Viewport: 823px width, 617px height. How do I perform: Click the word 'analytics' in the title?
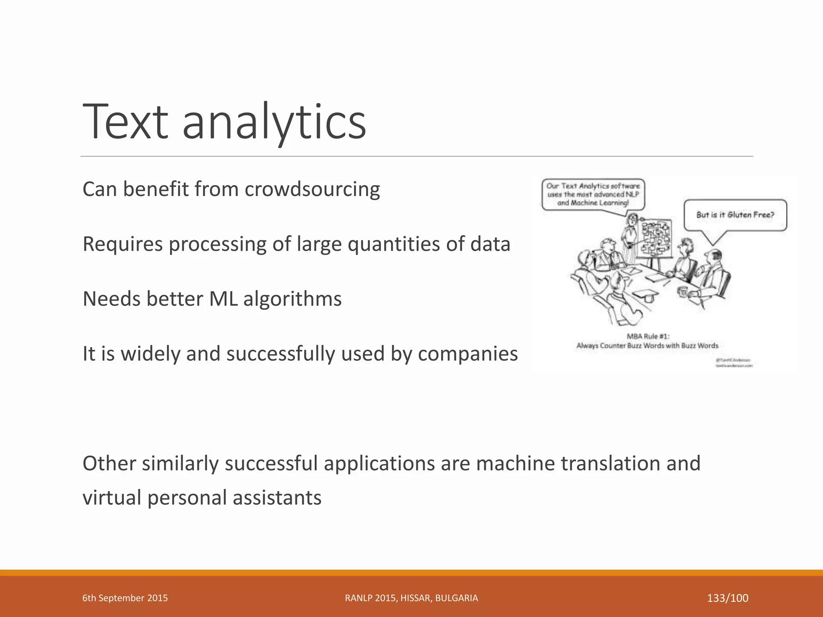274,123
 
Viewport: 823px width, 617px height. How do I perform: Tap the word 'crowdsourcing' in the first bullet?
312,189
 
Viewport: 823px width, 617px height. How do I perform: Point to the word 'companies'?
468,354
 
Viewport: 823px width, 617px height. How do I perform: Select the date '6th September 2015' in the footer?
125,598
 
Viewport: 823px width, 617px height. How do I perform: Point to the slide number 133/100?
727,598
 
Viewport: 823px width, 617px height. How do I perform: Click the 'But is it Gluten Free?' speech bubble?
735,215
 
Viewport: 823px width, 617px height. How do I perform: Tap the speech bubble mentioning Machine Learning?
593,194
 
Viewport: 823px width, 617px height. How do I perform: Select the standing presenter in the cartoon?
630,237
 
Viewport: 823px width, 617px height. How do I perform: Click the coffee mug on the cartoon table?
682,291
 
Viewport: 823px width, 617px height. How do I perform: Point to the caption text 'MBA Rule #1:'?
648,336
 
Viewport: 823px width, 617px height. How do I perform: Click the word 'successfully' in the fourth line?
280,354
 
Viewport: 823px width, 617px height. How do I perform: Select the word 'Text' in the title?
125,123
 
